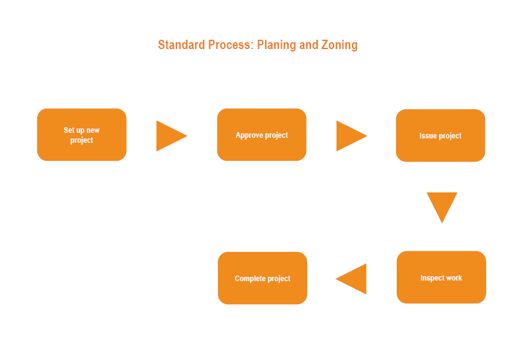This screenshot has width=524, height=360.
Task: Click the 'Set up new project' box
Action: [82, 135]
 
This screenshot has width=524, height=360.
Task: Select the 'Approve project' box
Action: [261, 135]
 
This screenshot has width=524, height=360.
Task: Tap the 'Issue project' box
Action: [440, 135]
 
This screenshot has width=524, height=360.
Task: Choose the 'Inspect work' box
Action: [441, 277]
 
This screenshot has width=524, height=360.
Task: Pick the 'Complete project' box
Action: [263, 278]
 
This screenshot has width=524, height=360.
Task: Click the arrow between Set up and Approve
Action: [172, 136]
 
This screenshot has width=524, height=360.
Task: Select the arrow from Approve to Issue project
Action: [351, 136]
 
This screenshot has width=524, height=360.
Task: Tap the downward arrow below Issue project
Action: [442, 207]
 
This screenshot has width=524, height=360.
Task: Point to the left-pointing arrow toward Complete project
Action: [351, 279]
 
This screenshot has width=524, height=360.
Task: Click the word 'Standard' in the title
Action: [181, 45]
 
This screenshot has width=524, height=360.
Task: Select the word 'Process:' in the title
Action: [231, 45]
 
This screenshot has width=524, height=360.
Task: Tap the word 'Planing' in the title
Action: [276, 45]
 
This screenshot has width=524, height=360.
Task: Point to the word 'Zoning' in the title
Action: [339, 45]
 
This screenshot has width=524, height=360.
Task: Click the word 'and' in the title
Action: [309, 45]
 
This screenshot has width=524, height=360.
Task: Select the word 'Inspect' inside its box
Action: [432, 278]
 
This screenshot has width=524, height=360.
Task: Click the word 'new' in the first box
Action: [93, 130]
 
